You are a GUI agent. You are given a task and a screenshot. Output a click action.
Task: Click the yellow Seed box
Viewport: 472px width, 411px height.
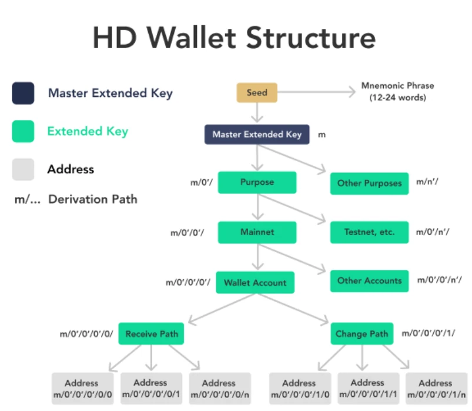click(257, 93)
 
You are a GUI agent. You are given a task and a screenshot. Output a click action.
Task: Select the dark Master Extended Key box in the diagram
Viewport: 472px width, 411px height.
click(257, 135)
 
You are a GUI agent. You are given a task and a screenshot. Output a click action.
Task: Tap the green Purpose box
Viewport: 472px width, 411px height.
click(257, 182)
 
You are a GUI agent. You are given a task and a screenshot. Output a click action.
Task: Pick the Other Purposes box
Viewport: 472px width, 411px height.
click(369, 183)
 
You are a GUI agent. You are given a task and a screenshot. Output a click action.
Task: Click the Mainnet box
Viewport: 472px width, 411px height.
click(257, 232)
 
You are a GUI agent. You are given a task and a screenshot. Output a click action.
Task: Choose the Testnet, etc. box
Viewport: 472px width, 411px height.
click(369, 232)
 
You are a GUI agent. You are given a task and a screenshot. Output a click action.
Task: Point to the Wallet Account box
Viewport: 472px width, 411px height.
click(255, 283)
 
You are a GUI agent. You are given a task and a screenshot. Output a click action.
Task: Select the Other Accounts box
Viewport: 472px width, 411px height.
click(369, 281)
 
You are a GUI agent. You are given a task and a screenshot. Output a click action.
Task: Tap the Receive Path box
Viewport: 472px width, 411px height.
click(151, 334)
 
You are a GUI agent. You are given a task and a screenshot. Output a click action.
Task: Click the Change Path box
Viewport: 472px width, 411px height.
click(362, 334)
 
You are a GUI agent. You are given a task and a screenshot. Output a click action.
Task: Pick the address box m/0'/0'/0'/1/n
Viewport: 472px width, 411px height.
click(435, 389)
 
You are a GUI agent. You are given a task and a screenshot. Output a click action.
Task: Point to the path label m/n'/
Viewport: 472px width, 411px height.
click(427, 182)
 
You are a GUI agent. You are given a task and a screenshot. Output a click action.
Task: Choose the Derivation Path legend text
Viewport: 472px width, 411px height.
click(92, 199)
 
